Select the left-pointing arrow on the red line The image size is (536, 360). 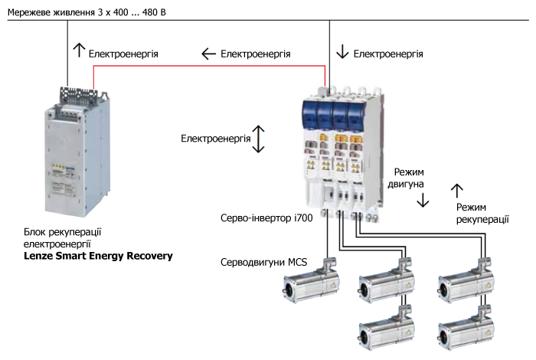(x=207, y=54)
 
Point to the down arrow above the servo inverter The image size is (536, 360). (x=342, y=52)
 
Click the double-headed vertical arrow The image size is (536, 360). (x=259, y=139)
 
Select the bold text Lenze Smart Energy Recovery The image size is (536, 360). (x=99, y=255)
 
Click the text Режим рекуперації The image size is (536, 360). (x=482, y=213)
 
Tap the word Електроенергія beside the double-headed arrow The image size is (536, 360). (x=215, y=139)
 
